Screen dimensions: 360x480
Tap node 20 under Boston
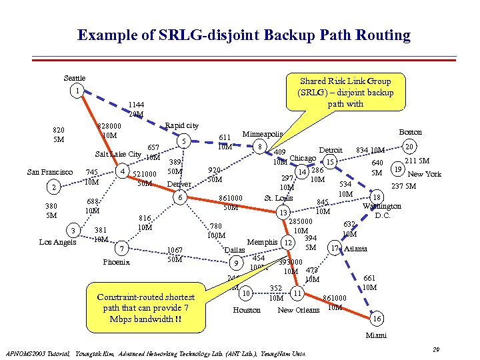click(411, 147)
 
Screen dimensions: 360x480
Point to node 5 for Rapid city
click(183, 141)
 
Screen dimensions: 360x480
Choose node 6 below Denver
click(179, 197)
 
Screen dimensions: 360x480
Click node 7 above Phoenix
click(121, 249)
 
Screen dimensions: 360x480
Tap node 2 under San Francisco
click(57, 187)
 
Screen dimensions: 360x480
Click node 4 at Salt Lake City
click(121, 171)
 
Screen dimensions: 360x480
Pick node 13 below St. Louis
click(284, 212)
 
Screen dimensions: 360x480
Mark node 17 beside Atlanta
click(335, 249)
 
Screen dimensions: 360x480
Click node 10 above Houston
click(246, 293)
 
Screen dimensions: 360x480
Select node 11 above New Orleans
click(297, 293)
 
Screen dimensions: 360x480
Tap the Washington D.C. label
click(381, 211)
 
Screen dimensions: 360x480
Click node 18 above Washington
click(377, 197)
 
